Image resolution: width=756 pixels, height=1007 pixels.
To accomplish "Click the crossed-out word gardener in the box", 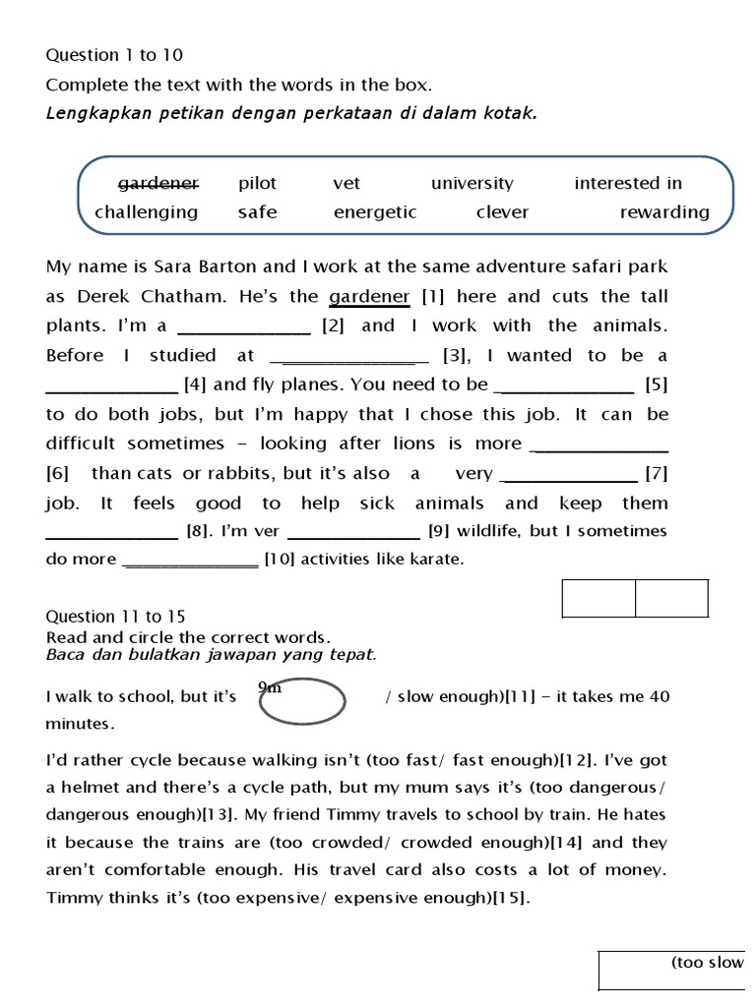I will (x=158, y=183).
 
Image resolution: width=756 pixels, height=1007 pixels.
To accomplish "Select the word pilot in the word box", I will (x=257, y=183).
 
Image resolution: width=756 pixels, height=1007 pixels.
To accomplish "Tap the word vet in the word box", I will (x=346, y=183).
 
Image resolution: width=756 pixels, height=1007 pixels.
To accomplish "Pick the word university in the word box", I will (x=472, y=183).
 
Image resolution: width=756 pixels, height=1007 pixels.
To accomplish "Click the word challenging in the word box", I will (x=146, y=212).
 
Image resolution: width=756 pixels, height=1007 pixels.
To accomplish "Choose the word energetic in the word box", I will (x=375, y=212).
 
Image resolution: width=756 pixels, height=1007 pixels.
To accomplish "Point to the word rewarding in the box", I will (x=664, y=212).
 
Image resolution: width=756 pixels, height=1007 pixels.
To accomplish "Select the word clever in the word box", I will (x=502, y=212).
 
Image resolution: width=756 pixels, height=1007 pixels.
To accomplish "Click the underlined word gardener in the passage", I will (x=369, y=296).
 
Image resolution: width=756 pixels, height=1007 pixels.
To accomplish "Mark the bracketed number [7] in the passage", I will (x=657, y=474).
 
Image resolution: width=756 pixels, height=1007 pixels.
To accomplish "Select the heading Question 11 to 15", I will (x=115, y=617).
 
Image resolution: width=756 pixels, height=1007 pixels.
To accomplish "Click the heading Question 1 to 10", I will (x=114, y=55).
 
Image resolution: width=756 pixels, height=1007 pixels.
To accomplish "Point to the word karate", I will (x=436, y=560).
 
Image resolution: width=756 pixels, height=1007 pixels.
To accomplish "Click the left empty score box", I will (x=598, y=598).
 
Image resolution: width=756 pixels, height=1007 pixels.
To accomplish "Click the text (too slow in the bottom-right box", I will (x=707, y=962).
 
